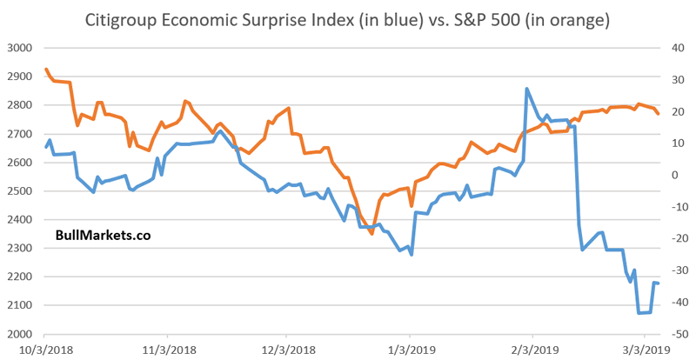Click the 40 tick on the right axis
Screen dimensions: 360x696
click(x=670, y=48)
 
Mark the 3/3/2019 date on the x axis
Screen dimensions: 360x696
click(x=644, y=350)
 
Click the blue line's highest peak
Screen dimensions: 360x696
click(x=527, y=89)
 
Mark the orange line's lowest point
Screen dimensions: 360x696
click(x=371, y=233)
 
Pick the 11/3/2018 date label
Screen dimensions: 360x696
click(x=163, y=350)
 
